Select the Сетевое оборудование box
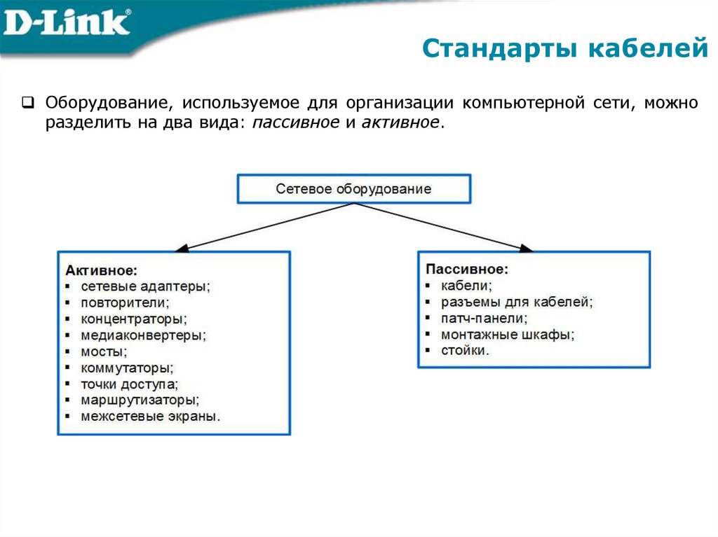pyautogui.click(x=353, y=189)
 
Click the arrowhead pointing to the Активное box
pyautogui.click(x=180, y=248)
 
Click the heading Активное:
pyautogui.click(x=102, y=270)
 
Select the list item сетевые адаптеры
pyautogui.click(x=145, y=286)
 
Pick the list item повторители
pyautogui.click(x=125, y=302)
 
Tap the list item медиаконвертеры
pyautogui.click(x=143, y=335)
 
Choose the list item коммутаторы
pyautogui.click(x=126, y=368)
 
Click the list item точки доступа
pyautogui.click(x=129, y=384)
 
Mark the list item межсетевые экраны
pyautogui.click(x=150, y=416)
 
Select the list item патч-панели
pyautogui.click(x=483, y=319)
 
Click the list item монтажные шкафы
pyautogui.click(x=507, y=335)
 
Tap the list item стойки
pyautogui.click(x=465, y=351)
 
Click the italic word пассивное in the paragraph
pyautogui.click(x=293, y=123)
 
